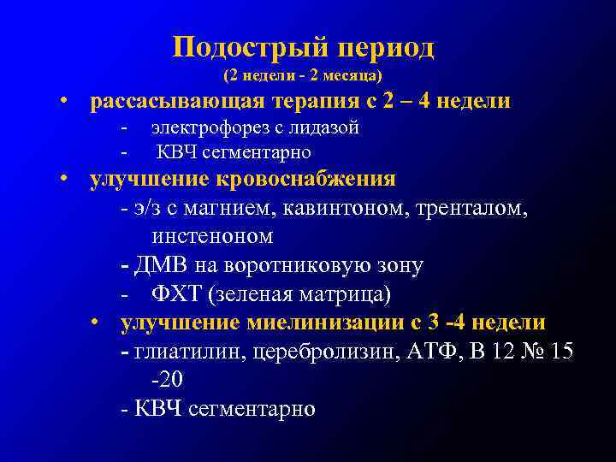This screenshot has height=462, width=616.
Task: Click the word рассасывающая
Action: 180,102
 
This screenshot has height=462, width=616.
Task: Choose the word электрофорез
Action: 207,128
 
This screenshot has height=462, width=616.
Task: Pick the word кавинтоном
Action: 325,208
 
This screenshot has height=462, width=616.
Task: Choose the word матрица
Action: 346,295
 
